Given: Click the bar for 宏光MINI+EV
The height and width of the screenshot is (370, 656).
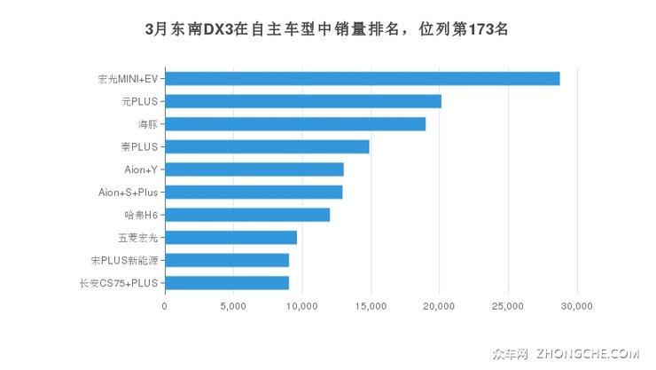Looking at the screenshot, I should click(362, 78).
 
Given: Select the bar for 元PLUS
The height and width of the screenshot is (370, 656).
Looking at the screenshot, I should click(302, 101).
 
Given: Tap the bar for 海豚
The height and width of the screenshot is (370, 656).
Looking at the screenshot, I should click(294, 123).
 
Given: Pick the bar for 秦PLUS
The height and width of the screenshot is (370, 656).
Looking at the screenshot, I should click(267, 146).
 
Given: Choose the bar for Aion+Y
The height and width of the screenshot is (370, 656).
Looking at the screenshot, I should click(254, 169).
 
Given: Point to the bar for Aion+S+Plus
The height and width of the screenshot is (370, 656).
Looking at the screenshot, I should click(253, 192).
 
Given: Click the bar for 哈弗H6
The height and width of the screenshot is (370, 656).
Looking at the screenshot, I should click(246, 215).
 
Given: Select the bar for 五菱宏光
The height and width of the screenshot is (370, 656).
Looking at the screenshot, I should click(230, 237).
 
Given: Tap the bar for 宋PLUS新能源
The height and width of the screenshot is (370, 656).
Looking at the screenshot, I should click(226, 260).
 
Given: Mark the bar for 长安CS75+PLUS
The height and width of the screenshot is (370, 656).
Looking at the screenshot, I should click(226, 283).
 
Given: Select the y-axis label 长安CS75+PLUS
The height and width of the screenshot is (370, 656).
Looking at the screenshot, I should click(118, 283).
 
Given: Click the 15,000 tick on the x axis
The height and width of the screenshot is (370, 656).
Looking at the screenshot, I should click(371, 306).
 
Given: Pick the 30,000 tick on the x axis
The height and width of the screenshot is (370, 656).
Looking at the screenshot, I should click(577, 306).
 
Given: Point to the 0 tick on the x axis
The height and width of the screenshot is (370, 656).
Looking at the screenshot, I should click(165, 306).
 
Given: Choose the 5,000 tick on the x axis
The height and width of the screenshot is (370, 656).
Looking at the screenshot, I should click(233, 306).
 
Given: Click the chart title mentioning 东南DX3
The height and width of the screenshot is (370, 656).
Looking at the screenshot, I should click(327, 28).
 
